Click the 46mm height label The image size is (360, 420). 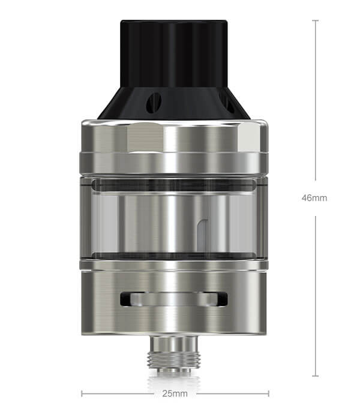tap(314, 198)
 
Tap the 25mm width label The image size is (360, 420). tap(175, 394)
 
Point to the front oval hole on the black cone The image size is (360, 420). tap(154, 102)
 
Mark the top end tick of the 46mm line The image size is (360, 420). tap(316, 20)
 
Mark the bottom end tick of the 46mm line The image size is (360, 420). tap(316, 376)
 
